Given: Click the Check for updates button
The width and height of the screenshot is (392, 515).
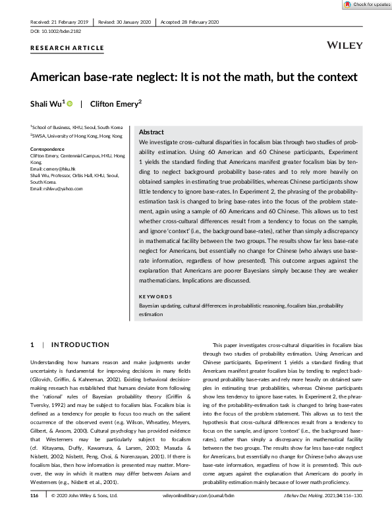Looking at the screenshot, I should [366, 5].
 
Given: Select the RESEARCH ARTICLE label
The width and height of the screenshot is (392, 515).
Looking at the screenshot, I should [67, 48].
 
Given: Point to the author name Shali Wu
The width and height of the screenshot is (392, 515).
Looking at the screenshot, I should [47, 103].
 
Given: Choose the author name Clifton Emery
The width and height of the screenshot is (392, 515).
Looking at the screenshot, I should [115, 103].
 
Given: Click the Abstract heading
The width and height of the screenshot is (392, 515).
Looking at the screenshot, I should [152, 132].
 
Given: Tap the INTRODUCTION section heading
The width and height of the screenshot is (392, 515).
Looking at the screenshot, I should [80, 344].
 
